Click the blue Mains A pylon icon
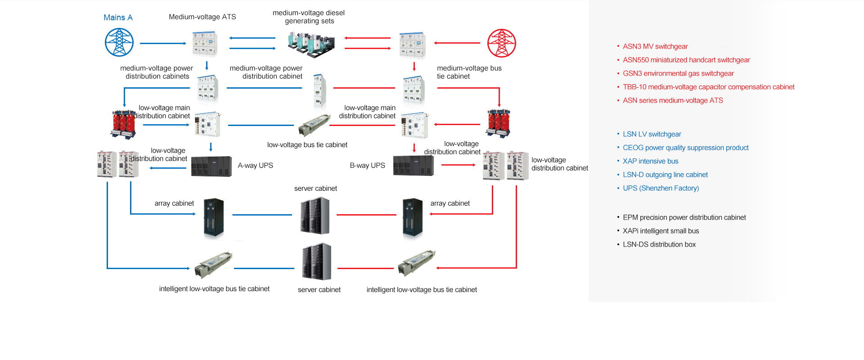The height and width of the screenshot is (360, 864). pos(119,42)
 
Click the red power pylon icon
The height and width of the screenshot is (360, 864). pos(501,43)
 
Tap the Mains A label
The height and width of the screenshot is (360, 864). pos(118,18)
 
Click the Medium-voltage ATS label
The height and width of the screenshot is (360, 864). pos(202,17)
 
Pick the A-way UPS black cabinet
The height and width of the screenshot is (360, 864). pos(211,166)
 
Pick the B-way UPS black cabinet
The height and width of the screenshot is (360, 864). pos(413,166)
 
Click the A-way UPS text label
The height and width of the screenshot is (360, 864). pos(255,166)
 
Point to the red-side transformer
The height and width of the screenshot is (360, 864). pos(498,123)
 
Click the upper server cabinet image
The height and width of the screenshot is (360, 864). pos(315,216)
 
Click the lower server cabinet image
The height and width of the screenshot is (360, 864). pos(317,262)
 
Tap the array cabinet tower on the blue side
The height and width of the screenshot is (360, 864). pos(214,217)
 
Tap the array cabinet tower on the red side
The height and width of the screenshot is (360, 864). pos(413,217)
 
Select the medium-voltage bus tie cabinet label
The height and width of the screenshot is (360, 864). pos(469,72)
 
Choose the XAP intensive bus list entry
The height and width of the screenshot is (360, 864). pos(650,161)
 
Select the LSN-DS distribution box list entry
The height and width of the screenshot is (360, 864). pos(659,244)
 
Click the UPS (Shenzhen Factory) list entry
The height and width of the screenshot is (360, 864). pos(661,188)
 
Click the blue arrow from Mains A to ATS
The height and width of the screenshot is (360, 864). pos(163,43)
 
